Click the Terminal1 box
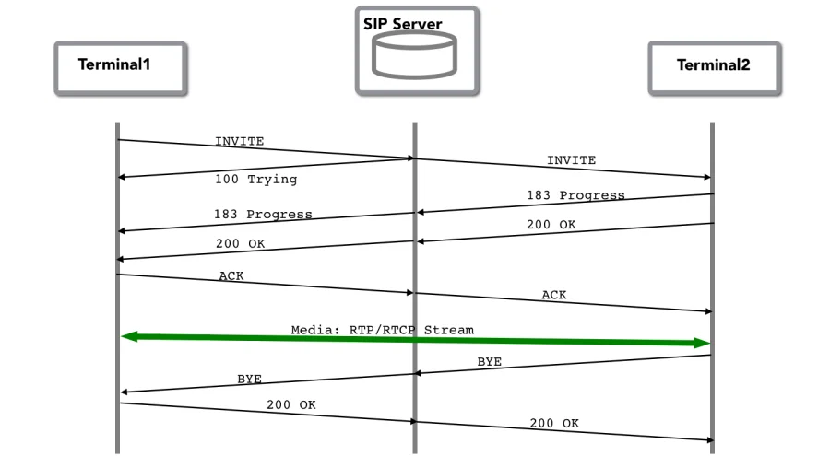120,66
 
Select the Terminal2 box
715,66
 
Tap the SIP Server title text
402,24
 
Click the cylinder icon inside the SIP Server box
414,54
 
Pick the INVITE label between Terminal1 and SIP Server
239,141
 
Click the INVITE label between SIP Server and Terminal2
571,160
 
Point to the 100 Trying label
255,178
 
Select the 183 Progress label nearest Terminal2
575,195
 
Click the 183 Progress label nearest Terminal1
263,214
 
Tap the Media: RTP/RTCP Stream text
382,329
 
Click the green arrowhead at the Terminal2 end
702,343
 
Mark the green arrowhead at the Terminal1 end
130,337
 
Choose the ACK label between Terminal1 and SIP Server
231,276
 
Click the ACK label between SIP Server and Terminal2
553,295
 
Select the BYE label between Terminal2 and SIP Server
489,362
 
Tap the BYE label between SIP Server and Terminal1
249,379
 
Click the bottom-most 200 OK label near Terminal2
553,423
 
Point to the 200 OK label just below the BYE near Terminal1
291,404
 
